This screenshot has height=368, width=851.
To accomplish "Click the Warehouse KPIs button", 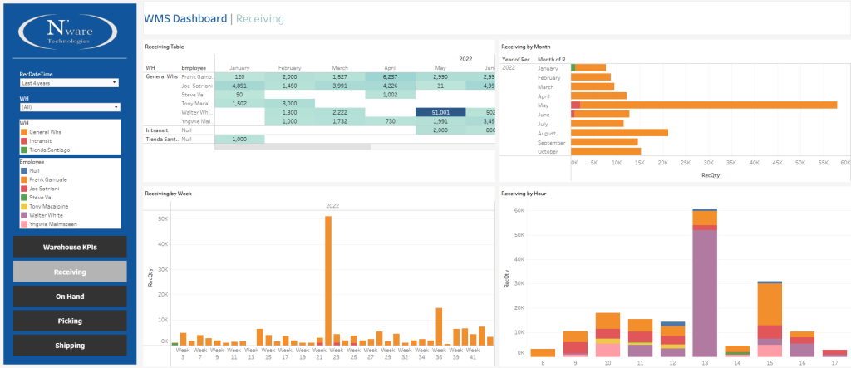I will pos(70,248).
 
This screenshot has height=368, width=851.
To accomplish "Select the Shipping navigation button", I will pos(70,346).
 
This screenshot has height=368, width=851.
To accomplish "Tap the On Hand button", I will pos(70,297).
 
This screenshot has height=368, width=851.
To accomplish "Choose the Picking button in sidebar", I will pos(70,321).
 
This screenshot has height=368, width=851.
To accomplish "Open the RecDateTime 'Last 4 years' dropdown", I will pos(69,83).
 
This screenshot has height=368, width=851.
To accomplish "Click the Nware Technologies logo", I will pos(70,32).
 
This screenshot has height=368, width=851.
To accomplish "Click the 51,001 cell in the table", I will pos(440,112).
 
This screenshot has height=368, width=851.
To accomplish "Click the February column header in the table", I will pos(289,66).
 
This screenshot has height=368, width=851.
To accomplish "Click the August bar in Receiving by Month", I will pos(619,133).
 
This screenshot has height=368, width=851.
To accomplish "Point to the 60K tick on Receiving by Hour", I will pos(517,211).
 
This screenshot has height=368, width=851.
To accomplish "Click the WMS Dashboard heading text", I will pos(184,18).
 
